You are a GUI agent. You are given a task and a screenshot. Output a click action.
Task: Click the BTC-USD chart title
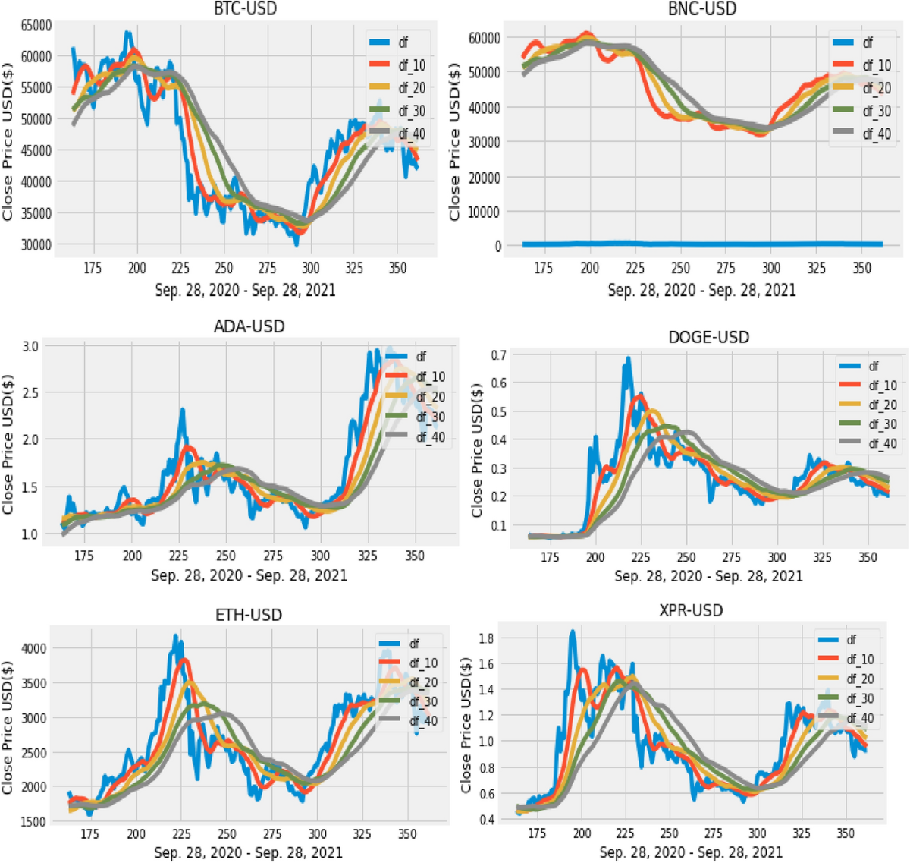point(245,9)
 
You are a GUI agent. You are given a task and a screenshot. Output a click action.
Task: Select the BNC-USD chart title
point(701,9)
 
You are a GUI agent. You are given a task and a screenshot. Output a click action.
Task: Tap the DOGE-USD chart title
point(708,337)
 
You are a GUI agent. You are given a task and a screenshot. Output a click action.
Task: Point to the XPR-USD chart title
point(691,610)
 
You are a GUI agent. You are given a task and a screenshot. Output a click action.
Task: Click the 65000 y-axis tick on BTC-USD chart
point(36,25)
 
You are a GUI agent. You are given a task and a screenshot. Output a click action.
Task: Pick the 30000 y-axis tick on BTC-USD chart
point(36,244)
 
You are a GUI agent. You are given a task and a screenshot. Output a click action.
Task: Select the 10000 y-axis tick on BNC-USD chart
point(485,212)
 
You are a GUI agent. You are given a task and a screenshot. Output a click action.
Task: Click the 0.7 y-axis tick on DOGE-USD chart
point(498,355)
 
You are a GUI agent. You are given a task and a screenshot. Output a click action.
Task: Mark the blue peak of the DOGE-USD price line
point(628,358)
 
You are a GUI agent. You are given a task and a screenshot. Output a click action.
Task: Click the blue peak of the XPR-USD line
point(573,632)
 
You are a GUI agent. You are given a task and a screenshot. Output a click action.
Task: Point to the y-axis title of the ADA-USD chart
point(8,444)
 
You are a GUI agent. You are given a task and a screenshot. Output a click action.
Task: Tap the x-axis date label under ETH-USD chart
point(248,853)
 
